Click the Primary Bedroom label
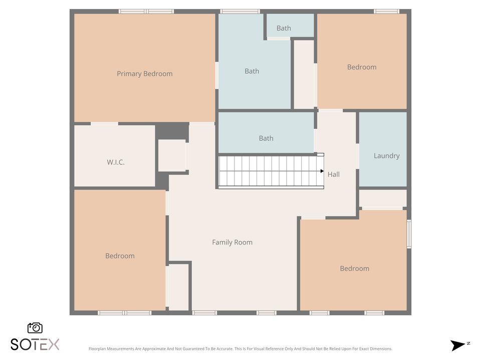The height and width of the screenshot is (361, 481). tap(144, 74)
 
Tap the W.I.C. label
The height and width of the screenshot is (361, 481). tap(115, 162)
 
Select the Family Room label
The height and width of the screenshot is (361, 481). tap(232, 242)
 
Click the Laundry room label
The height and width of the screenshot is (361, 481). tap(386, 156)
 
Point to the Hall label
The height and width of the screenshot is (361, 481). tap(333, 174)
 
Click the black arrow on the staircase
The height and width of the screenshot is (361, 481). tap(322, 171)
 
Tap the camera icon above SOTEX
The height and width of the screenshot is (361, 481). tap(35, 328)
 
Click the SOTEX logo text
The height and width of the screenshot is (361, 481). tap(35, 344)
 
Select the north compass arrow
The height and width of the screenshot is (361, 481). tap(457, 345)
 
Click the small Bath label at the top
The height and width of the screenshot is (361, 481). tap(284, 28)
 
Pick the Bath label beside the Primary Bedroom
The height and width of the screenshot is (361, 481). tap(252, 71)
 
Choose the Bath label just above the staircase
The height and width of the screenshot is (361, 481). tap(266, 138)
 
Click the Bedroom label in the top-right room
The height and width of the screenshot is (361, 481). tap(361, 67)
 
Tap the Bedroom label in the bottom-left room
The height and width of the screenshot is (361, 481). tap(120, 256)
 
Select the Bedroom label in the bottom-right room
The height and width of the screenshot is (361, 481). tap(354, 269)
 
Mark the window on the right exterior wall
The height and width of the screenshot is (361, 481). tap(409, 234)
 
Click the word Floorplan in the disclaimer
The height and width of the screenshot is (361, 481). tap(98, 349)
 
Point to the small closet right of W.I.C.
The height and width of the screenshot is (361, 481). tap(172, 155)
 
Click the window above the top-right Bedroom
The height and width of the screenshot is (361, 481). tap(386, 11)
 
